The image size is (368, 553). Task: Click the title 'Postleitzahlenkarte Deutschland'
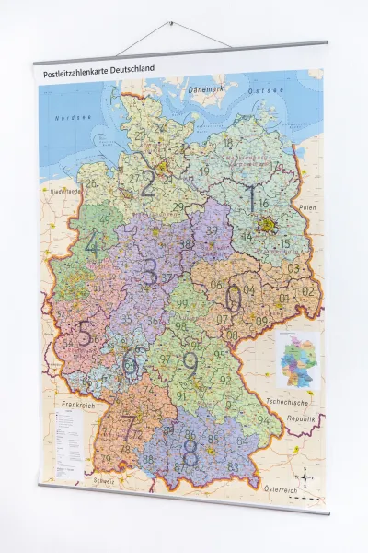point(95,69)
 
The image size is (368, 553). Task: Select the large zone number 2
point(147,184)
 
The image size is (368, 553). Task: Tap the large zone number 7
point(130,426)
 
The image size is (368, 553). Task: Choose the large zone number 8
point(190,452)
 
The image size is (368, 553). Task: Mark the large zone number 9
point(190,365)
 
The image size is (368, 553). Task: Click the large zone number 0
point(234,298)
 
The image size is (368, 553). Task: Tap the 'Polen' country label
point(306,209)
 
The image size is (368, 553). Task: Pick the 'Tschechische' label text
point(294,403)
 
